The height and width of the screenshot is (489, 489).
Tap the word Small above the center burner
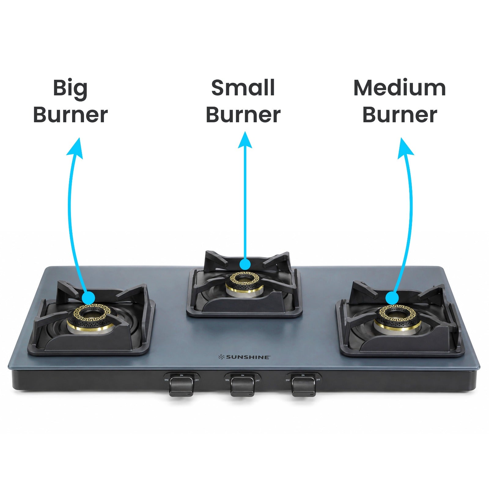click(243, 88)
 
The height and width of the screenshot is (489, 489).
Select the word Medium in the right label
click(399, 88)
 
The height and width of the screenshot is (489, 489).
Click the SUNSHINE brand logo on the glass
click(244, 357)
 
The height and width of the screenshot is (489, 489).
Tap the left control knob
click(181, 386)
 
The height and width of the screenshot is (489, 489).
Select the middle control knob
click(242, 386)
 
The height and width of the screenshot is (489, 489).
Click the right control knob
click(303, 386)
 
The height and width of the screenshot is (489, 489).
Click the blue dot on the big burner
click(89, 297)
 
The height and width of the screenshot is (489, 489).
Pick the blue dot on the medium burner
click(392, 298)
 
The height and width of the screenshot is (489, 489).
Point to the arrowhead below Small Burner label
click(245, 140)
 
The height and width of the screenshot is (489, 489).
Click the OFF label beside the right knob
click(318, 380)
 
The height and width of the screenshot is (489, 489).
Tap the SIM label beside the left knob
click(166, 380)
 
